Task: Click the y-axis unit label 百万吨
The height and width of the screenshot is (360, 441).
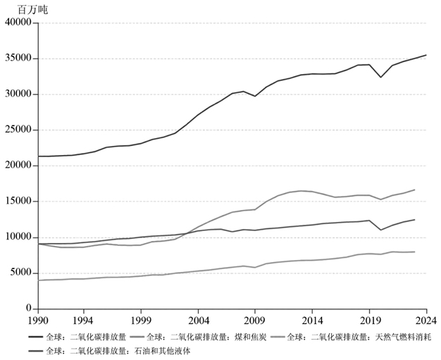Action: pos(32,10)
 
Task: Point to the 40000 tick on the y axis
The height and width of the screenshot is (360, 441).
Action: pos(18,23)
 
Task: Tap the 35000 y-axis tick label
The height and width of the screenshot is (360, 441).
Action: pos(18,58)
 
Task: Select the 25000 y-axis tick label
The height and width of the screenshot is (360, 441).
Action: pos(18,130)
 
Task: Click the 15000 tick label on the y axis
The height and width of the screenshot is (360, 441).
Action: pos(18,201)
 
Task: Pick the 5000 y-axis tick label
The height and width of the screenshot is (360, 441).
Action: pos(20,273)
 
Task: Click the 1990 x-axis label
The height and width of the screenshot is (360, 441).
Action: pos(38,321)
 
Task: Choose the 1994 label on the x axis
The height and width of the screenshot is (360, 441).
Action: pos(84,321)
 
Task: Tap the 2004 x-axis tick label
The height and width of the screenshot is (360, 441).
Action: pos(198,321)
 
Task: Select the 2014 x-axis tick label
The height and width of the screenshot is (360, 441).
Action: pos(312,321)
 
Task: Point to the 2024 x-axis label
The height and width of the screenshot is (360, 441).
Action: pos(426,321)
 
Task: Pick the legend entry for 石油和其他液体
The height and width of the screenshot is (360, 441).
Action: pos(109,352)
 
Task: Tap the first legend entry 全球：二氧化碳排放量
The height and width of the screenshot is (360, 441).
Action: pos(77,337)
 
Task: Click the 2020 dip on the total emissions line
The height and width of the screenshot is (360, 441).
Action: pos(381,77)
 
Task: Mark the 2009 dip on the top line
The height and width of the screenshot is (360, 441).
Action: pos(255,97)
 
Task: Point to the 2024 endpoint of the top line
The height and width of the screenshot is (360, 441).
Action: pos(426,55)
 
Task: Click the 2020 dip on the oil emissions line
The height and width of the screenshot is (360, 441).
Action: pos(381,230)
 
